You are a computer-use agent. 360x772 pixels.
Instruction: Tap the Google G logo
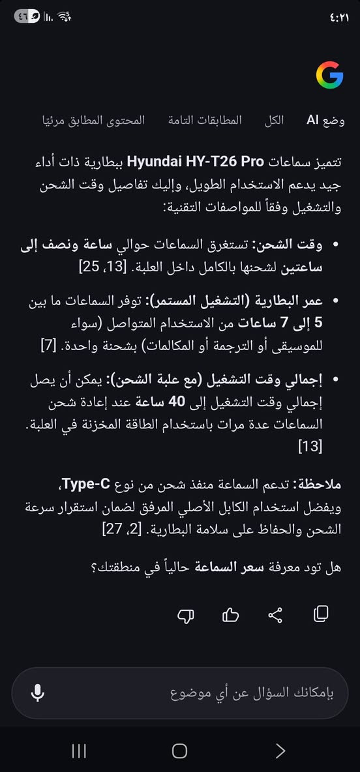point(329,76)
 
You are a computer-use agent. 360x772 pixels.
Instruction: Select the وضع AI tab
point(325,121)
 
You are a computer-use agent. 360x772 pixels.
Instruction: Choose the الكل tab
point(274,121)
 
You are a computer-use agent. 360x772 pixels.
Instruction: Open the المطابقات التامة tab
point(205,121)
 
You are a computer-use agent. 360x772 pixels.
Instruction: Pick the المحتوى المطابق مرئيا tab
point(94,121)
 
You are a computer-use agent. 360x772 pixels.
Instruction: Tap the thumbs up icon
point(231,614)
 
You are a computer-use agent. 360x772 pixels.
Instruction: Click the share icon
point(276,614)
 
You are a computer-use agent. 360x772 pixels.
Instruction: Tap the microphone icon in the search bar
point(38,692)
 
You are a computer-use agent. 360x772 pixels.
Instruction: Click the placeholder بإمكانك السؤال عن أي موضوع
point(252,692)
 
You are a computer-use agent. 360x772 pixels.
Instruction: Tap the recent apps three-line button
point(79,751)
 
